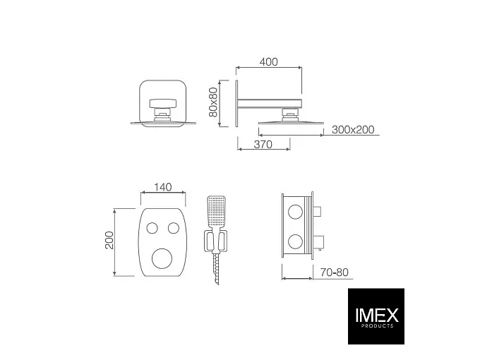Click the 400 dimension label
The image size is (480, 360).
pos(269,62)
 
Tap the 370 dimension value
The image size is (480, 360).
pos(263,144)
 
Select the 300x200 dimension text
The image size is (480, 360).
pos(353,130)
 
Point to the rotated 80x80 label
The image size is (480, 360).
pos(212,102)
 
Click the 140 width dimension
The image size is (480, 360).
pos(162,187)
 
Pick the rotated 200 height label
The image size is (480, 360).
pos(109,240)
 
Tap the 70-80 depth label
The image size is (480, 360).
pos(335,272)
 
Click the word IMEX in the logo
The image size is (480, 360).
pos(377,315)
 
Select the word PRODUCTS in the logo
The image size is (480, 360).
pos(377,326)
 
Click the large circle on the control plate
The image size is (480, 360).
pos(162,258)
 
